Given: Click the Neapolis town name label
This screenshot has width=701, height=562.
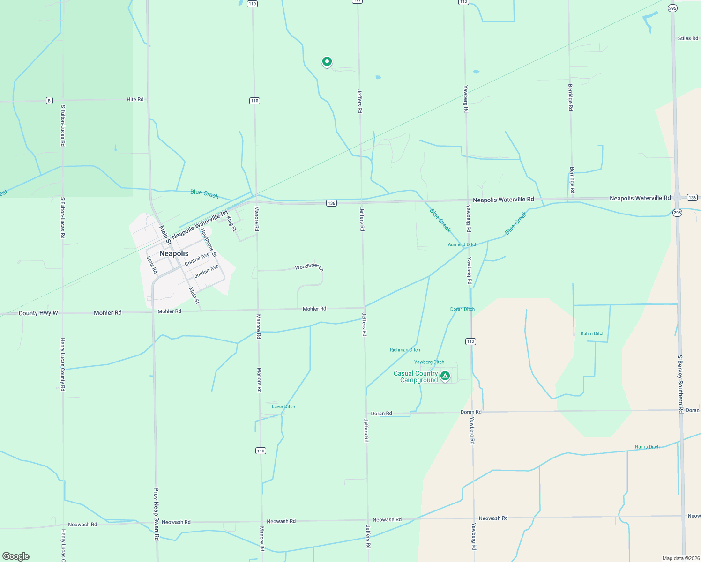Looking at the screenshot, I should [x=174, y=253].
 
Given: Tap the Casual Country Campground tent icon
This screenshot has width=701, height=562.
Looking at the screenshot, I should [x=445, y=375].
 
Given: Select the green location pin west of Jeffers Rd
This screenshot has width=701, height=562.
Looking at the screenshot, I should [x=327, y=61].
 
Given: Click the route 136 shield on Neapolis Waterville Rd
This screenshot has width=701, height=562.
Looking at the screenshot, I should [x=331, y=203].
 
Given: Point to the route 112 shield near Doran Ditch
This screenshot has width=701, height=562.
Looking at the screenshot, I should [x=471, y=341].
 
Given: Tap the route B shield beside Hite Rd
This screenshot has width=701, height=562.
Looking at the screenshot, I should [x=49, y=100].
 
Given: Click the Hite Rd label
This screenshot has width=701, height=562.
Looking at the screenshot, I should [x=135, y=99].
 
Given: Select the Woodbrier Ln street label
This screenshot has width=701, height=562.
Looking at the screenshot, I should [x=309, y=266].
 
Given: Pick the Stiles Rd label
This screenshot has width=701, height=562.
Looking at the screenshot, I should [x=688, y=38].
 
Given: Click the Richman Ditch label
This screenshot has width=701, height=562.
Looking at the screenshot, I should [x=405, y=350].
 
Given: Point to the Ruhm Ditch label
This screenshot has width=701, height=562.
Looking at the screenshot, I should [x=592, y=333].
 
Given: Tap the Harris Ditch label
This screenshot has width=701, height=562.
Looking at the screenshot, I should [x=647, y=447].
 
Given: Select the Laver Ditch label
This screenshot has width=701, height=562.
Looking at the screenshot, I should [x=283, y=407].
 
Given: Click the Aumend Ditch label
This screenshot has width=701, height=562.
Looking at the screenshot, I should [x=462, y=244].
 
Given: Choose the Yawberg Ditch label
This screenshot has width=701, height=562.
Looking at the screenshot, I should [x=429, y=362].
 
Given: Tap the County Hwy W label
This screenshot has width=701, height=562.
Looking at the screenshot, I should [x=38, y=313].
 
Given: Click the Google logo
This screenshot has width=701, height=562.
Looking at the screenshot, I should [x=16, y=556].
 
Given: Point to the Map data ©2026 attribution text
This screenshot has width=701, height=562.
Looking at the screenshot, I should [x=680, y=558].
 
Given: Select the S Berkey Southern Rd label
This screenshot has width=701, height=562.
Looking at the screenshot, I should [x=680, y=384].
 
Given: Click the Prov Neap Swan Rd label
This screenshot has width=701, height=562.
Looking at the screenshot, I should [x=157, y=514].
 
